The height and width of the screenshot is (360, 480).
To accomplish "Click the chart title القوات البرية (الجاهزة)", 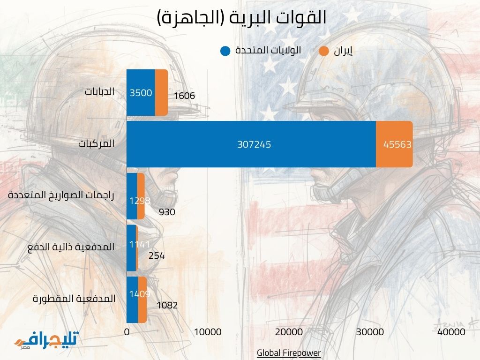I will click(x=241, y=18).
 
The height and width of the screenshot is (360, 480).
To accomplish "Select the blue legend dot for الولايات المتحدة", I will click(x=225, y=51).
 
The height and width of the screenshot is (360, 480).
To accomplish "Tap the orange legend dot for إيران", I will click(x=324, y=51).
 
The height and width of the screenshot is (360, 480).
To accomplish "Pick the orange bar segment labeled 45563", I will click(x=395, y=144).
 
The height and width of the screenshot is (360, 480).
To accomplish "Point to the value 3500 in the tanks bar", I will click(x=141, y=93).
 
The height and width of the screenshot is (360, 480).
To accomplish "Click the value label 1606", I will click(x=184, y=96).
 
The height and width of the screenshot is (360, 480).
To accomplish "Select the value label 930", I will click(x=167, y=212).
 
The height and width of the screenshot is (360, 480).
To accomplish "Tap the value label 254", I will click(x=157, y=256).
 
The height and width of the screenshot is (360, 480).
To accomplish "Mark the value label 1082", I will click(x=167, y=305).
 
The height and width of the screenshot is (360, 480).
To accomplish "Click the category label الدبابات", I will click(x=99, y=91).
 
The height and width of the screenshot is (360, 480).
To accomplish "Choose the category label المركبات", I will click(x=96, y=143).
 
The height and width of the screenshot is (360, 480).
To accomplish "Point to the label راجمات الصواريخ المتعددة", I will click(x=61, y=195).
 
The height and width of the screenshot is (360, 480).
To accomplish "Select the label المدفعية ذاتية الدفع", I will click(x=71, y=247).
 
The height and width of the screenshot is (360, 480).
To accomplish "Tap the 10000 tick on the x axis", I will click(x=208, y=332).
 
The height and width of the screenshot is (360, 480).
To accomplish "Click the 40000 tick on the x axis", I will click(x=451, y=332).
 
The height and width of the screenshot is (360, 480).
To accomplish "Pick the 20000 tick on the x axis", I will click(x=289, y=332).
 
